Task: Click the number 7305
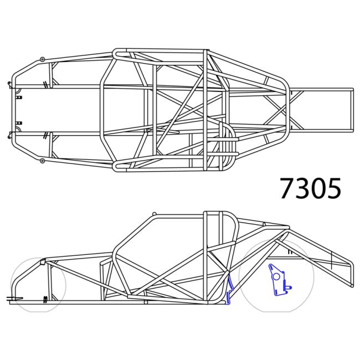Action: [310, 189]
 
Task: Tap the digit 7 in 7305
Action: [287, 189]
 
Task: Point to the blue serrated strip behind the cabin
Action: [229, 288]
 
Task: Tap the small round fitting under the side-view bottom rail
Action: [146, 303]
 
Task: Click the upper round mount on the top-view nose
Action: [43, 59]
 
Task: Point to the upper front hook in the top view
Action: [10, 85]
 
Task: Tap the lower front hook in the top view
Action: [10, 133]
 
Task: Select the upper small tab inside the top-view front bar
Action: [19, 97]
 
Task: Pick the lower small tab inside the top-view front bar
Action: [19, 122]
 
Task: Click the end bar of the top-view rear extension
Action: [351, 110]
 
